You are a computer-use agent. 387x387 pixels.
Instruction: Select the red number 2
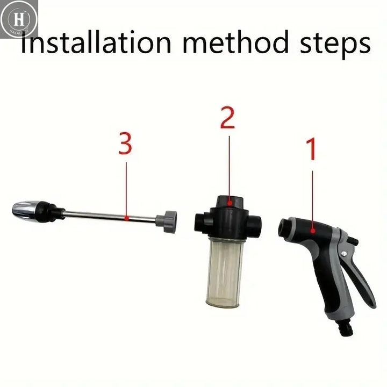[228, 118]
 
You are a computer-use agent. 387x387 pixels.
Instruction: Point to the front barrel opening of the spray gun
[283, 227]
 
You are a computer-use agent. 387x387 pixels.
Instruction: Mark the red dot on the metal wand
[125, 218]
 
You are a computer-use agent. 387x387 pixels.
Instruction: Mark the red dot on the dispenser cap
[230, 203]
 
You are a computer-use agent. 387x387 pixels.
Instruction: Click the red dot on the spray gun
[312, 231]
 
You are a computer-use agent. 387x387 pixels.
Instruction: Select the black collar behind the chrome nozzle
[53, 211]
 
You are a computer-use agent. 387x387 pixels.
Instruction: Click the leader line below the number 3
[126, 188]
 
